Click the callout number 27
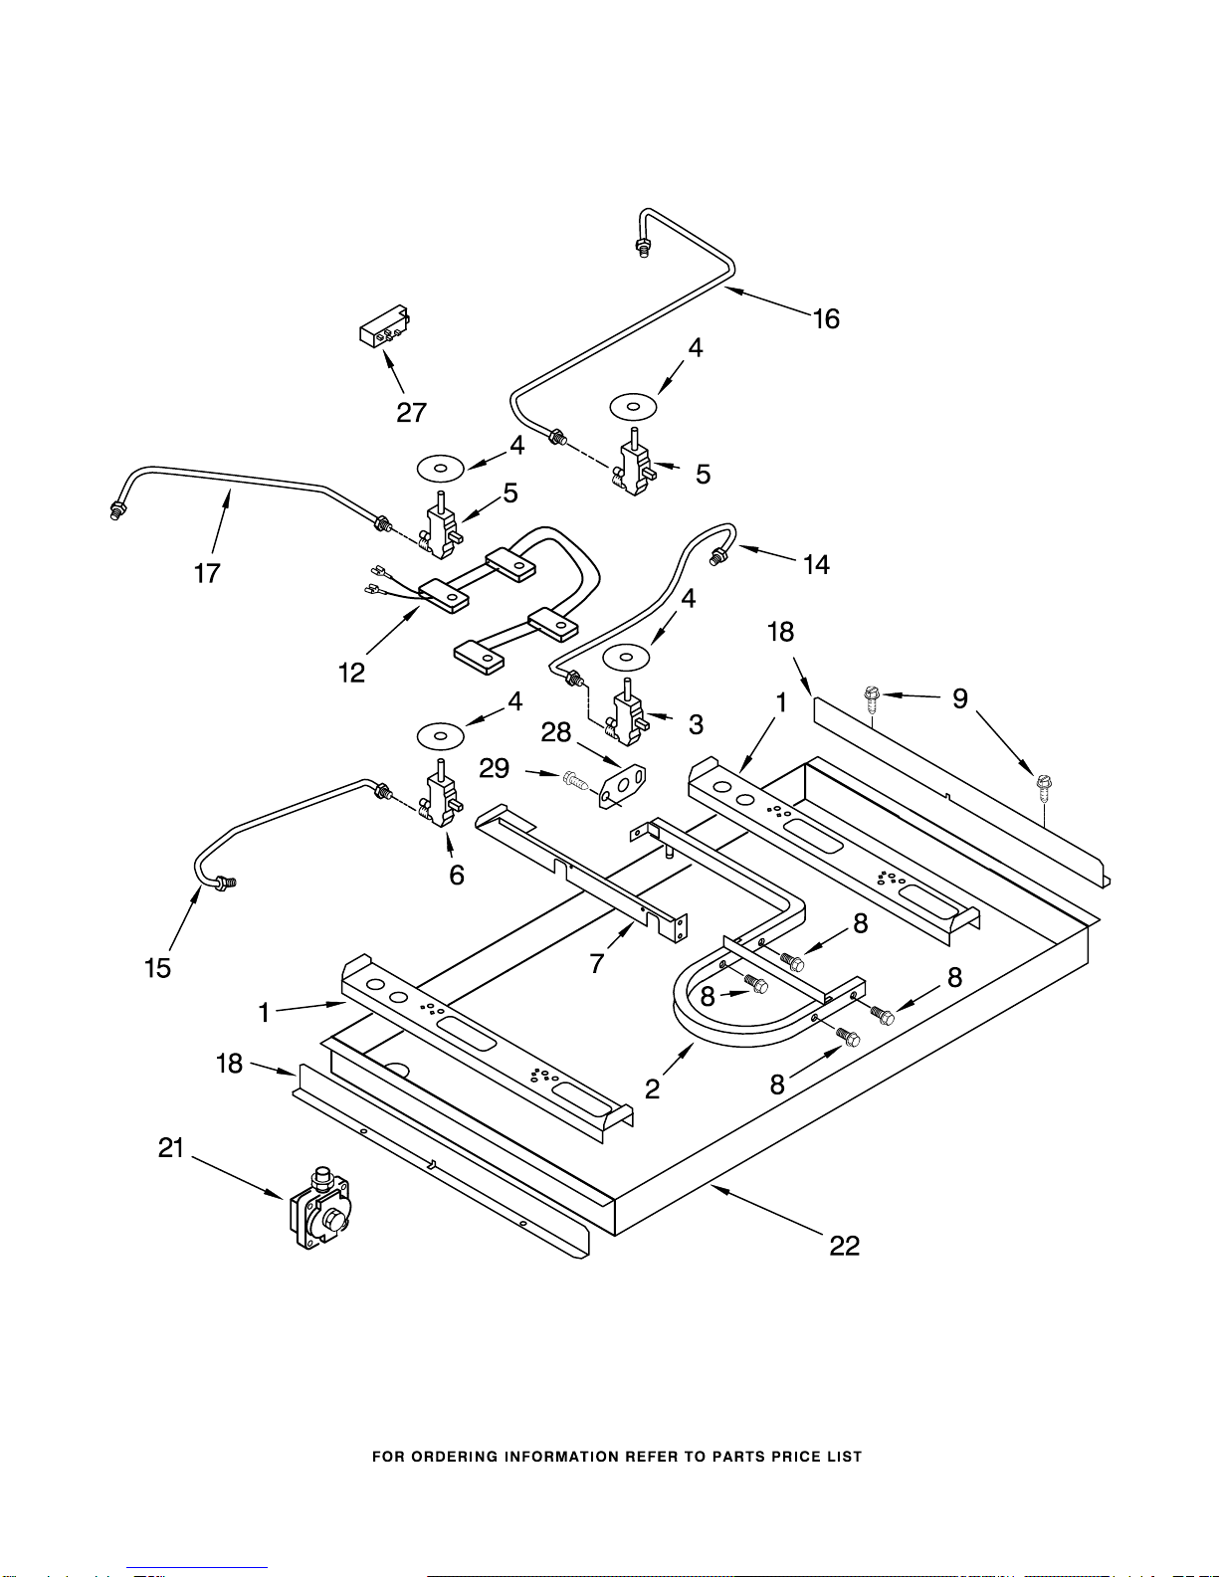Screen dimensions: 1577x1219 [411, 412]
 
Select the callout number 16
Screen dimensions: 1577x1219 [826, 318]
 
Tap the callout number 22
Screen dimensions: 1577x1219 [844, 1245]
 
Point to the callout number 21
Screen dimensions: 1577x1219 [172, 1148]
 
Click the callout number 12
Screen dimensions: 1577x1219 [351, 673]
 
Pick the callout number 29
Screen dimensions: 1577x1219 [495, 768]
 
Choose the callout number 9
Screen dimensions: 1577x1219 [959, 698]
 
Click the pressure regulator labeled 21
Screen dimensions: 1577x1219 [319, 1209]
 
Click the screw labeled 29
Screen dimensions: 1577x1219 [576, 781]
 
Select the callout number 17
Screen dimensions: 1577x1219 [207, 573]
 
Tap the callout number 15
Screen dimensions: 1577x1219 [157, 967]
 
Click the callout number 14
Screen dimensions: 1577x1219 [816, 565]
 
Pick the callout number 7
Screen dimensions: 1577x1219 [597, 962]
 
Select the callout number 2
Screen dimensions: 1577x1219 [652, 1088]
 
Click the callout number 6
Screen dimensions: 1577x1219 [457, 875]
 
